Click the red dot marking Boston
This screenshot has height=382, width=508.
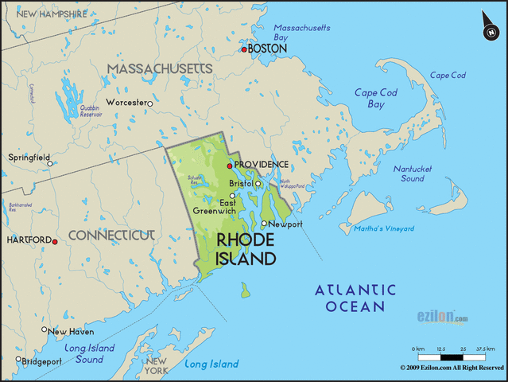coord(245,49)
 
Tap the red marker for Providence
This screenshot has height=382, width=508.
coord(230,166)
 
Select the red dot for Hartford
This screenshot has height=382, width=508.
coord(55,240)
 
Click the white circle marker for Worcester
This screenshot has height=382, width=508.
coord(149,103)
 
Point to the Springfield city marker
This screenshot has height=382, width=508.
coord(49,164)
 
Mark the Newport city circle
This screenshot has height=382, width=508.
coord(265,224)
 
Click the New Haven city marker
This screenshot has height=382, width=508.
coord(45,329)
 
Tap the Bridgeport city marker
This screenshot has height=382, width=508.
coord(19,359)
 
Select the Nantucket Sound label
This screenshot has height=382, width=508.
coord(413,173)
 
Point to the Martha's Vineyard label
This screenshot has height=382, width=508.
coord(385,229)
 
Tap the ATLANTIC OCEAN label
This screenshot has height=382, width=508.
coord(355,298)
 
